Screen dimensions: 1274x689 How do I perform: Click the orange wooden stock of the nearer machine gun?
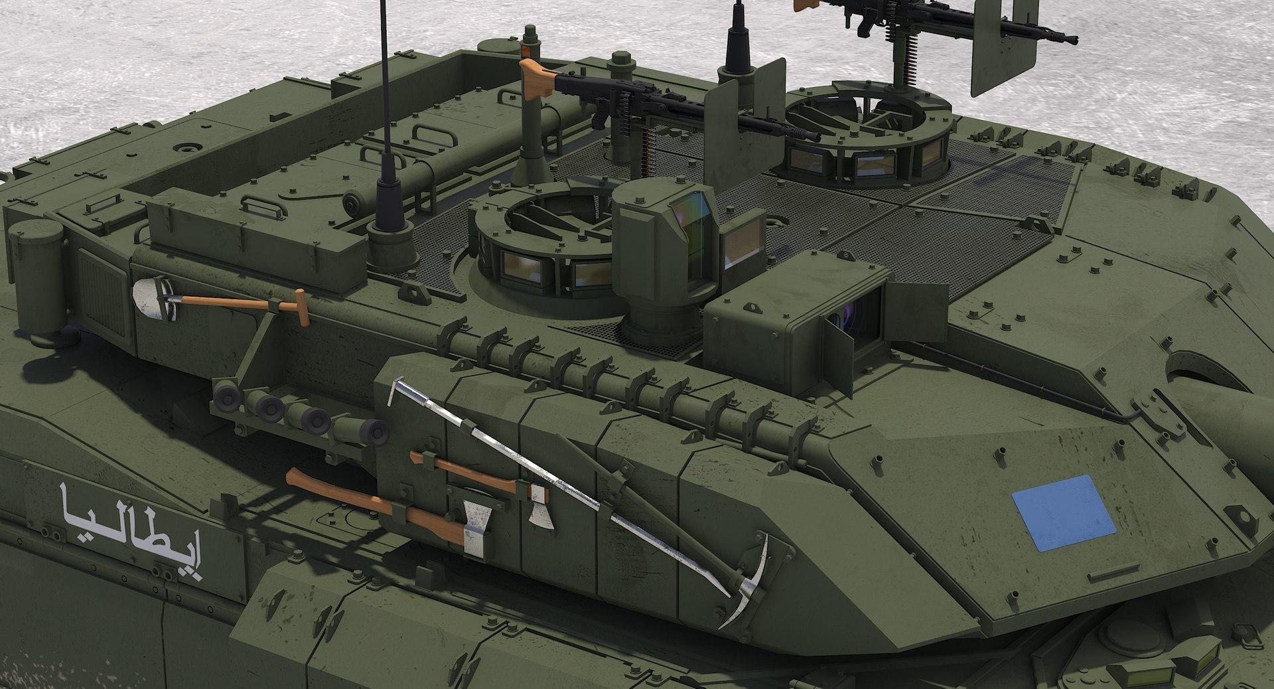tap(534, 78)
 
